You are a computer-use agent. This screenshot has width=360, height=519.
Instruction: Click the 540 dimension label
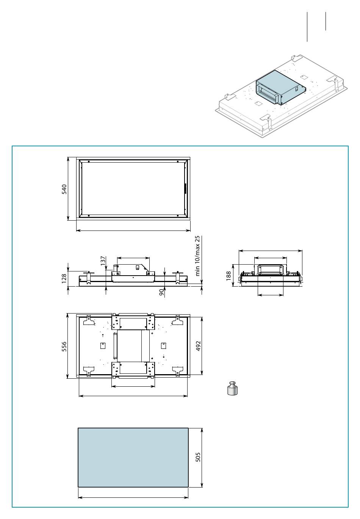tap(64, 189)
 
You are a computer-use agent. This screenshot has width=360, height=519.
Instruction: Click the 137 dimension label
tap(103, 261)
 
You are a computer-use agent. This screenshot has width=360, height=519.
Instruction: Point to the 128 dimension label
tap(64, 279)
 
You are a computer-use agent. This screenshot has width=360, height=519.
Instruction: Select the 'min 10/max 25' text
tap(197, 256)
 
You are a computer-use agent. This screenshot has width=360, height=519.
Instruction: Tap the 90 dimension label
tap(162, 292)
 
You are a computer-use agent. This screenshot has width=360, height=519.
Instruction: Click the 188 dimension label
tap(229, 276)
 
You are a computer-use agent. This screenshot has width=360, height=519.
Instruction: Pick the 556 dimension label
tap(64, 347)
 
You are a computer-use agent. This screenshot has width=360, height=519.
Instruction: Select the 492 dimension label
tap(198, 346)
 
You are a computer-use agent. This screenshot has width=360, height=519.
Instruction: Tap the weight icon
tap(232, 388)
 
